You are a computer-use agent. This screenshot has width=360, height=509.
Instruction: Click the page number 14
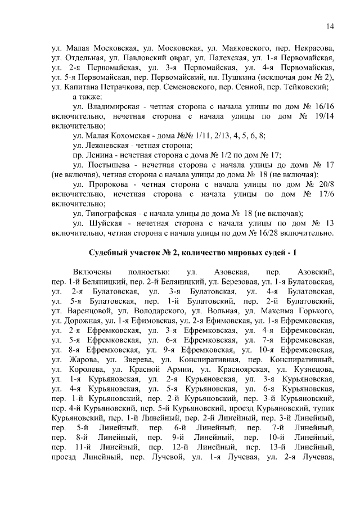330,26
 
